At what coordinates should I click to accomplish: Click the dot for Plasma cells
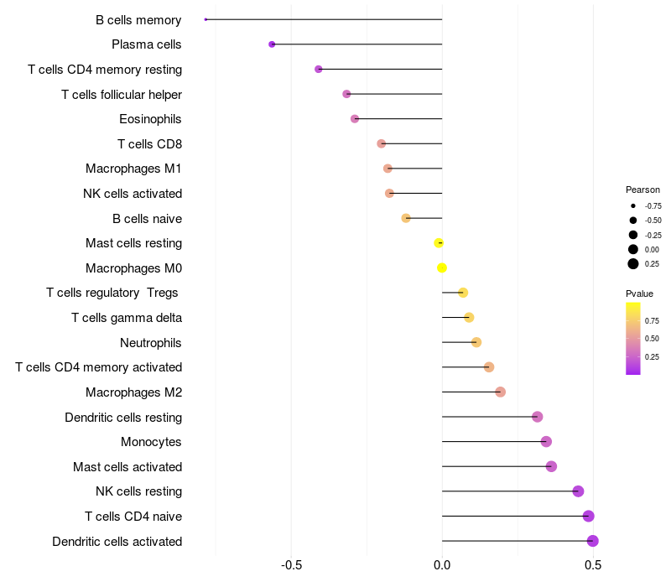tap(272, 44)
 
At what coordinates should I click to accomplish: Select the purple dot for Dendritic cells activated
tap(593, 541)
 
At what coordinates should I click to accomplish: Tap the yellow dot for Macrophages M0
tap(442, 268)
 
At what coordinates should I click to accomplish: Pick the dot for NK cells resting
tap(578, 491)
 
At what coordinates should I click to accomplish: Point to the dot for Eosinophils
tap(355, 119)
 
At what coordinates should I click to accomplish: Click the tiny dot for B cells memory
tap(205, 19)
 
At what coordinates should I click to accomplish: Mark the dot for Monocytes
tap(546, 442)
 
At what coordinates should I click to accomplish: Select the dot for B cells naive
tap(406, 218)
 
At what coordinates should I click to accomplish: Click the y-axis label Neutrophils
tap(151, 343)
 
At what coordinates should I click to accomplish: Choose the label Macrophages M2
tap(133, 392)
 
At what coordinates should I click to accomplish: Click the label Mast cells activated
tap(127, 467)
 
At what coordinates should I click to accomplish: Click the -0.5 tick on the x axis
tap(291, 565)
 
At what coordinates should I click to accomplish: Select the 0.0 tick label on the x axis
tap(442, 565)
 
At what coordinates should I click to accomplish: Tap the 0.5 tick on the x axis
tap(593, 565)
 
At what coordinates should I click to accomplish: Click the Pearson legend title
tap(642, 190)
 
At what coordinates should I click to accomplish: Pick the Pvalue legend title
tap(639, 293)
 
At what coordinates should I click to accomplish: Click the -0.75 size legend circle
tap(633, 205)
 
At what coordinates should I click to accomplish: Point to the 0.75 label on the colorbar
tap(652, 320)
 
